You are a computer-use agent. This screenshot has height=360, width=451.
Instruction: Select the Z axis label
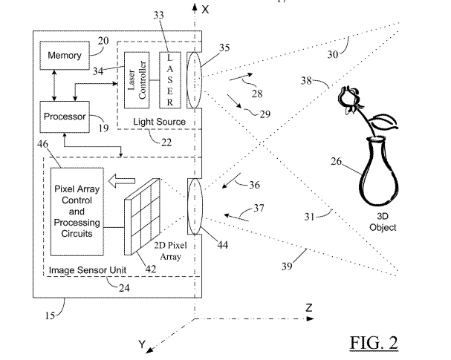(309, 307)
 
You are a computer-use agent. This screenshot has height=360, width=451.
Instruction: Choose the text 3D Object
(383, 223)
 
